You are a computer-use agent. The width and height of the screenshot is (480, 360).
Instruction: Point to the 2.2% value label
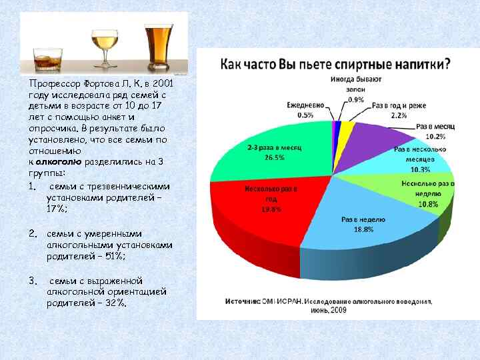399,115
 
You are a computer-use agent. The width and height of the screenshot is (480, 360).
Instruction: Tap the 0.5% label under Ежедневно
305,115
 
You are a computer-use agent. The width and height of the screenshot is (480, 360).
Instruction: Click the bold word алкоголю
59,161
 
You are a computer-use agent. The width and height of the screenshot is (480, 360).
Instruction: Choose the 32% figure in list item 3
114,303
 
